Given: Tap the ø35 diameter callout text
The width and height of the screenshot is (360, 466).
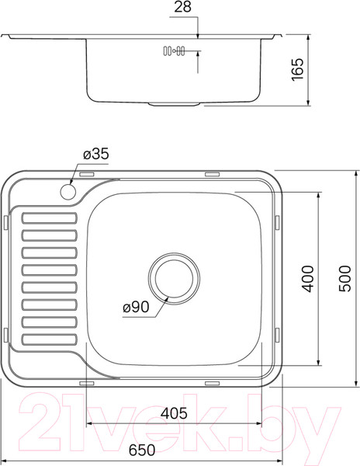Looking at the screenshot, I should tap(95, 155).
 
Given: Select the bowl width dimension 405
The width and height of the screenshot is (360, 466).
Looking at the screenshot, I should tap(173, 414).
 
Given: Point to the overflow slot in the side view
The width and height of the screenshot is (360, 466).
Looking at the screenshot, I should tap(173, 52).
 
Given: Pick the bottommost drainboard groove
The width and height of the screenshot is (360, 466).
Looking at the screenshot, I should tap(49, 338).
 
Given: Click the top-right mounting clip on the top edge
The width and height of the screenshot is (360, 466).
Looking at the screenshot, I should tap(212, 173).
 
